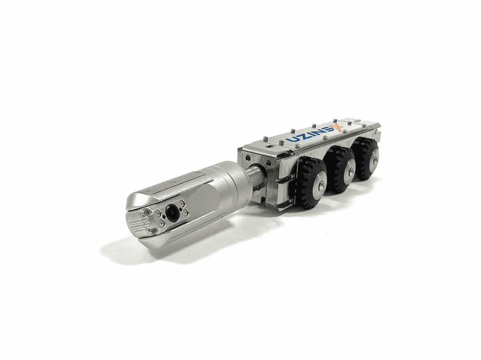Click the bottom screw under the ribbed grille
point(151,231)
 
